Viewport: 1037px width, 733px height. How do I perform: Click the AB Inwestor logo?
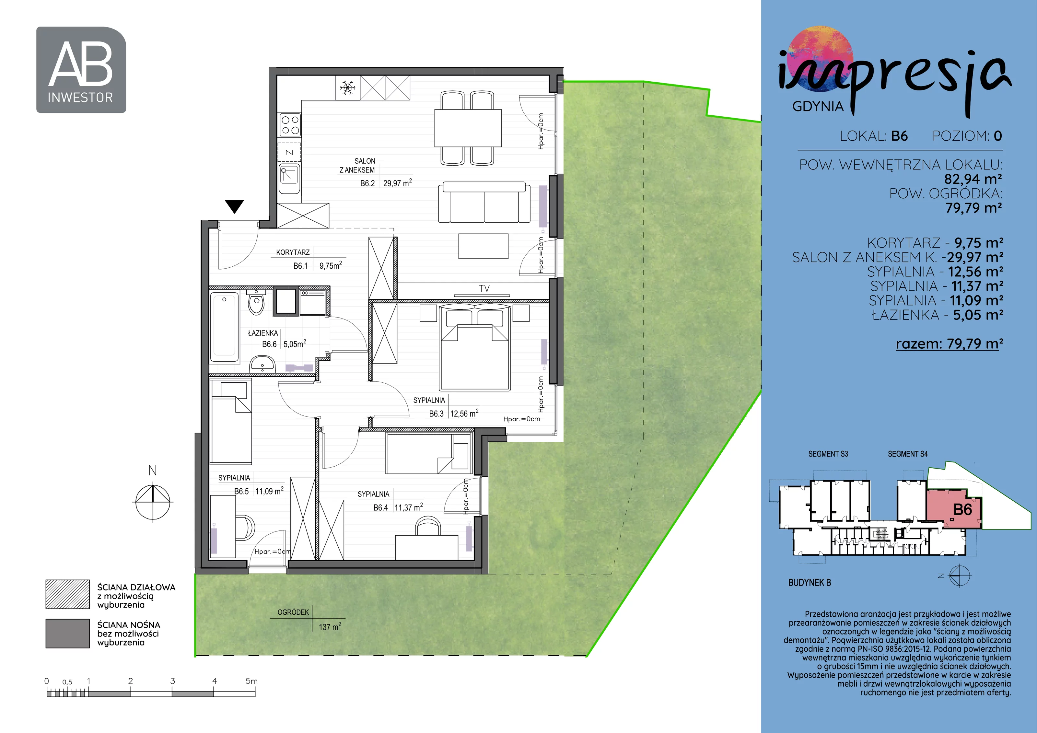(x=81, y=70)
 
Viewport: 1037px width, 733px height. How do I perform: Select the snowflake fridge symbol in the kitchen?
(x=347, y=87)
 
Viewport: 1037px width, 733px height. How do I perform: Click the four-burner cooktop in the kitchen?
(x=289, y=125)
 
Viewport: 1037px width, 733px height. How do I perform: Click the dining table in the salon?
(x=468, y=128)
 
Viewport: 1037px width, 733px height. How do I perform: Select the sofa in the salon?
(x=484, y=202)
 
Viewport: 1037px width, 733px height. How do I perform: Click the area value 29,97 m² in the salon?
(x=397, y=183)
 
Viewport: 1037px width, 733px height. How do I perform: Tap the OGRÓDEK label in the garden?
(x=293, y=612)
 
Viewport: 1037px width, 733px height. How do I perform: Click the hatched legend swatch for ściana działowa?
(x=68, y=594)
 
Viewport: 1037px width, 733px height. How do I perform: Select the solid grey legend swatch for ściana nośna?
(x=68, y=633)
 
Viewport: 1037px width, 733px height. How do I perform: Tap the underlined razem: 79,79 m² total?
(x=950, y=344)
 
